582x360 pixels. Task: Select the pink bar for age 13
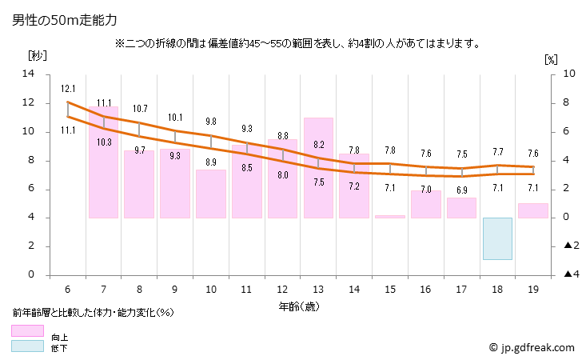tap(318, 168)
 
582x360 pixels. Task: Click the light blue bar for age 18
tap(497, 238)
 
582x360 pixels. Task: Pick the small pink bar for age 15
tap(390, 216)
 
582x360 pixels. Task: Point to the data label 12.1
tap(68, 89)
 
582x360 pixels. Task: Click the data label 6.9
tap(461, 190)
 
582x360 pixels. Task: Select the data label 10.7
tap(140, 109)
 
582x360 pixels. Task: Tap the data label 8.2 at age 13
tap(318, 145)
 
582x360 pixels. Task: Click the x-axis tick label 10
tap(211, 290)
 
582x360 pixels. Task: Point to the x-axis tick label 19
tap(532, 290)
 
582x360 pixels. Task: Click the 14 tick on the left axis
tap(30, 74)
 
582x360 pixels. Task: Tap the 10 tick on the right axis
tap(568, 74)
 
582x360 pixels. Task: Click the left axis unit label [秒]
tap(38, 57)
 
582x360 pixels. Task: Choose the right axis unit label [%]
tap(550, 58)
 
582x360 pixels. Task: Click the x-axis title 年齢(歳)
tap(301, 306)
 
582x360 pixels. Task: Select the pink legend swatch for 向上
tap(28, 330)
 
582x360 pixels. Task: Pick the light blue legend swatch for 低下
tap(28, 346)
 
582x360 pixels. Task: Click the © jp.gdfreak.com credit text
tap(532, 348)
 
